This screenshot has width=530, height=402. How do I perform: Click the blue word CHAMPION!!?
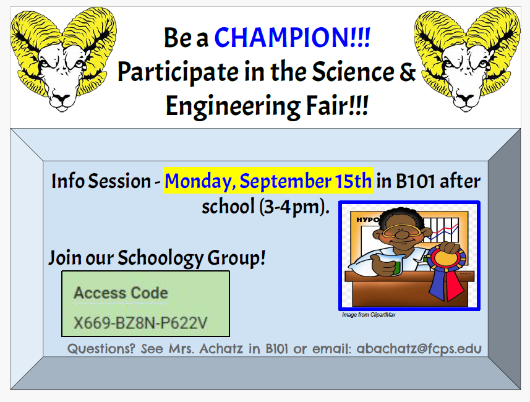[x=292, y=37]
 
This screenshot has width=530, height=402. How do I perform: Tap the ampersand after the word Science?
[x=408, y=71]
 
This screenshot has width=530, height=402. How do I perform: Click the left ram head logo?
[x=63, y=59]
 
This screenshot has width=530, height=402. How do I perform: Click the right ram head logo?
[x=467, y=59]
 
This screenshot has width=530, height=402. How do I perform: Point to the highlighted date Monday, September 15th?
[x=268, y=181]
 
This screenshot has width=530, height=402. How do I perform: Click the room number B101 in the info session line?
[x=415, y=181]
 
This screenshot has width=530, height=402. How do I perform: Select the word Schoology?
[x=160, y=259]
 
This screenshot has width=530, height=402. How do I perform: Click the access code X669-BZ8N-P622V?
[x=140, y=323]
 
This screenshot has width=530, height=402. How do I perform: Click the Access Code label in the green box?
[x=121, y=293]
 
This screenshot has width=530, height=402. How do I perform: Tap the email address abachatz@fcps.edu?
[x=419, y=349]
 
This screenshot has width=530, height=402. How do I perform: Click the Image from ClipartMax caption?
[x=369, y=315]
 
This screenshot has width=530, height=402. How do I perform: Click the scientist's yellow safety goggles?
[x=402, y=231]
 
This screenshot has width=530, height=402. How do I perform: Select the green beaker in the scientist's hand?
[x=396, y=265]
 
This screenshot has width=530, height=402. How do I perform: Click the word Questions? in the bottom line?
[x=101, y=348]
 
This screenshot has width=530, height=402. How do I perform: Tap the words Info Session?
[x=101, y=181]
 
